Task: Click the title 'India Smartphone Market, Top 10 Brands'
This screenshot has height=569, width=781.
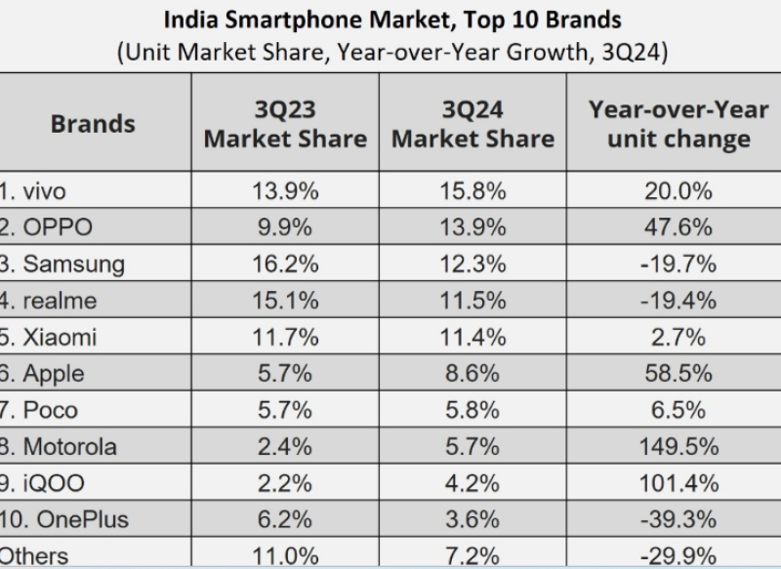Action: [390, 19]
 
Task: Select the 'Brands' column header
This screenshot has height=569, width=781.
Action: [93, 124]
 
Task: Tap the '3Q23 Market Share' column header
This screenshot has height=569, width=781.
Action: [285, 124]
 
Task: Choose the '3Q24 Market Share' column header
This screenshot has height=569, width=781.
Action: [473, 124]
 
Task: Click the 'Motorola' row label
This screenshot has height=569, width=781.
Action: [67, 447]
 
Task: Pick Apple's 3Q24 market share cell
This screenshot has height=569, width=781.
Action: [473, 373]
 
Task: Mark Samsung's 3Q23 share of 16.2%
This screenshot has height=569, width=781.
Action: [285, 264]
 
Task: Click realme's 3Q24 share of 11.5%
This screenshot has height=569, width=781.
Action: [473, 301]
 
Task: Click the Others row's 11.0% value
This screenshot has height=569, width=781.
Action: [285, 556]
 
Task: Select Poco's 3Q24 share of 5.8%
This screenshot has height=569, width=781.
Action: [473, 410]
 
